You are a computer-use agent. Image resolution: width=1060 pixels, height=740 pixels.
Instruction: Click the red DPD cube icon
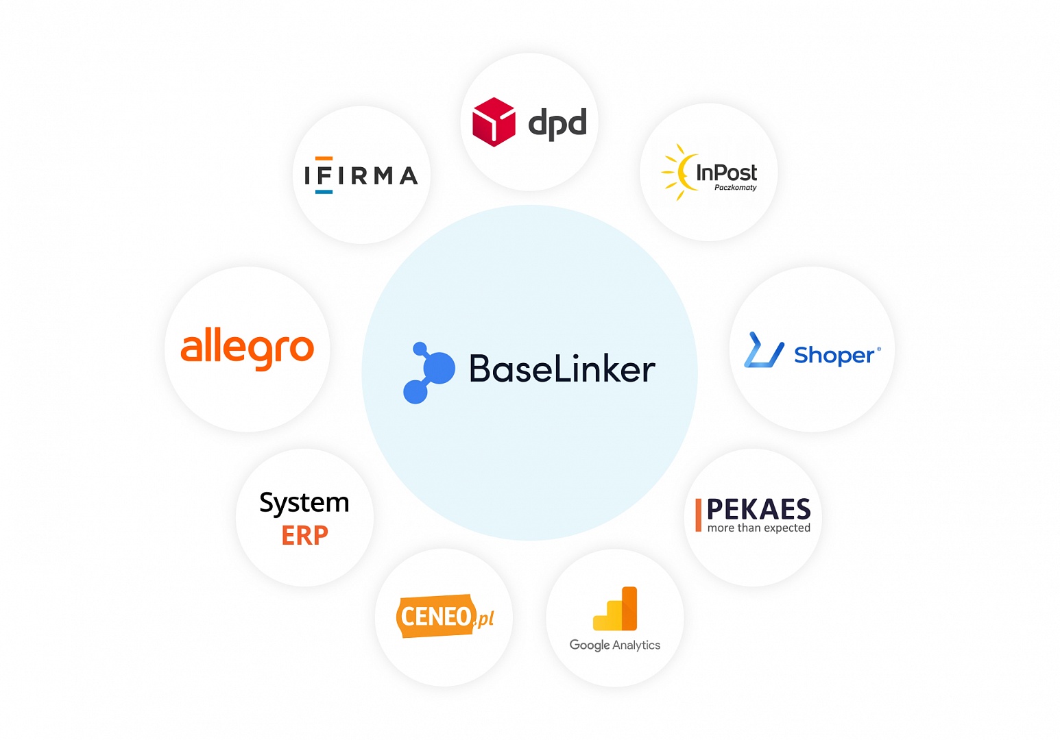pyautogui.click(x=494, y=122)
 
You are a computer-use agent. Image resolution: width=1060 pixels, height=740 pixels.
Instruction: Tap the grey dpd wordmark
pyautogui.click(x=557, y=123)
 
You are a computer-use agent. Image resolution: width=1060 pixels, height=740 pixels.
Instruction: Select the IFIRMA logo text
pyautogui.click(x=361, y=175)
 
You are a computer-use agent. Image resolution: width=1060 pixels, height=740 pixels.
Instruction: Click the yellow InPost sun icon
pyautogui.click(x=677, y=172)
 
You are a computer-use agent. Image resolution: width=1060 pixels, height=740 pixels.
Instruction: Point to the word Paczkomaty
pyautogui.click(x=735, y=188)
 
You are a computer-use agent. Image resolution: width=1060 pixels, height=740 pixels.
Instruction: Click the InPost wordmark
pyautogui.click(x=726, y=172)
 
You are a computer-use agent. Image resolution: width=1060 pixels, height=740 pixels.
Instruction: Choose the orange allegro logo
pyautogui.click(x=247, y=348)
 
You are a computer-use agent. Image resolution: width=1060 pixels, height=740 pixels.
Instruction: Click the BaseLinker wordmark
pyautogui.click(x=562, y=369)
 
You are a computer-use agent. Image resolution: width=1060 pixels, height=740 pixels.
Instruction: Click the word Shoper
pyautogui.click(x=834, y=355)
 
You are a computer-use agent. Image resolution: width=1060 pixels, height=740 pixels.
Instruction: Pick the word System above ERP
pyautogui.click(x=304, y=504)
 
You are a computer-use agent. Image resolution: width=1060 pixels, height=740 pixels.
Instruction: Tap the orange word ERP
pyautogui.click(x=304, y=535)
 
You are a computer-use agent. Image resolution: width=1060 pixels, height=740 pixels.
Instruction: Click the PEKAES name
pyautogui.click(x=758, y=509)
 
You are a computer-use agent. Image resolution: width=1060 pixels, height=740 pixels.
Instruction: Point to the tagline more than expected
pyautogui.click(x=758, y=528)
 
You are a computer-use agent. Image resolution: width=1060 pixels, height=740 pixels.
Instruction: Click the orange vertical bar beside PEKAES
pyautogui.click(x=698, y=515)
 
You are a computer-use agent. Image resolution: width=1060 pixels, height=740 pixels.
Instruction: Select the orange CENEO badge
pyautogui.click(x=436, y=616)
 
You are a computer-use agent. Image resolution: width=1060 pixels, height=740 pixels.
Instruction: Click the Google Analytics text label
pyautogui.click(x=615, y=645)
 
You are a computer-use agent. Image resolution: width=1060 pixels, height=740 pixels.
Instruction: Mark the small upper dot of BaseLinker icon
pyautogui.click(x=420, y=349)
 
